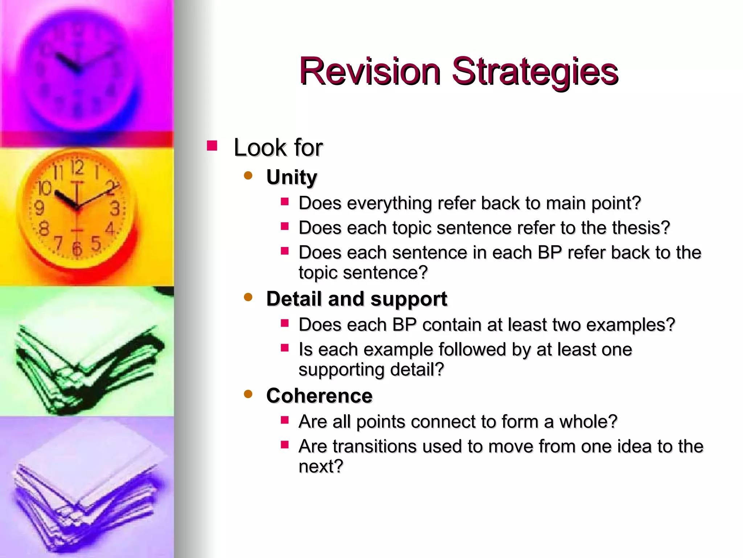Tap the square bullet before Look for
pyautogui.click(x=212, y=146)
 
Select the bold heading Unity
pyautogui.click(x=292, y=178)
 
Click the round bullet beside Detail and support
pyautogui.click(x=248, y=298)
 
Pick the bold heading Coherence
pyautogui.click(x=319, y=396)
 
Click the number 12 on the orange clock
pyautogui.click(x=77, y=167)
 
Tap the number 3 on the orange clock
pyautogui.click(x=115, y=209)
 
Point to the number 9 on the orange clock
pyautogui.click(x=39, y=208)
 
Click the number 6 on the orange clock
pyautogui.click(x=77, y=248)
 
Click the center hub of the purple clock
pyautogui.click(x=77, y=69)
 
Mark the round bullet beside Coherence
pyautogui.click(x=248, y=394)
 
